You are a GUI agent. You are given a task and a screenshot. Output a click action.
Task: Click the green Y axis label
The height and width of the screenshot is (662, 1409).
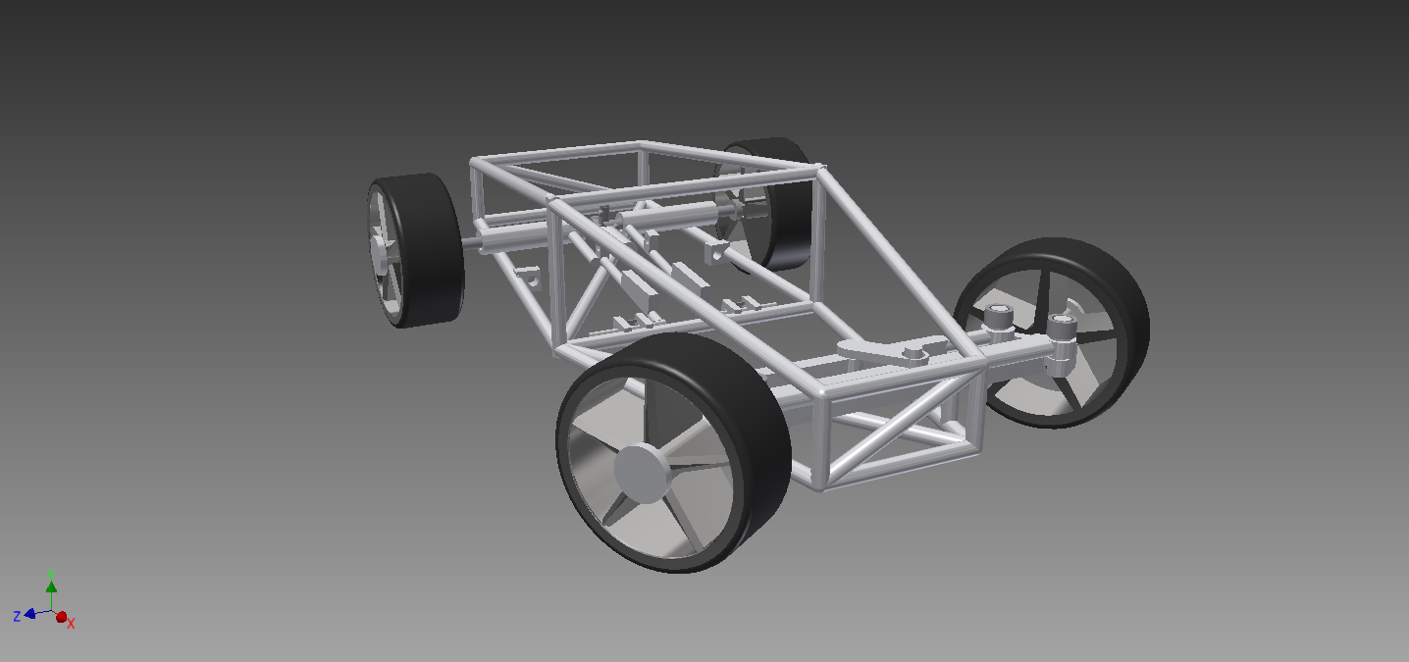click(51, 574)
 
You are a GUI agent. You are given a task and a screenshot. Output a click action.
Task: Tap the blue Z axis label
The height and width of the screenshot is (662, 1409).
click(17, 616)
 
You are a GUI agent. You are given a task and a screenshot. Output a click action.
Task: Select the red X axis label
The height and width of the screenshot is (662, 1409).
click(71, 624)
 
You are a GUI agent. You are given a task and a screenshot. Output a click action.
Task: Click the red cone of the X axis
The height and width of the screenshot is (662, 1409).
click(61, 617)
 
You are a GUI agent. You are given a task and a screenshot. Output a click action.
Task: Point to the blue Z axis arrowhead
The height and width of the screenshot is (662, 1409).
click(29, 613)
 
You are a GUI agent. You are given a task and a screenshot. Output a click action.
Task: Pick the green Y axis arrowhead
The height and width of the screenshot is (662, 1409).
click(52, 586)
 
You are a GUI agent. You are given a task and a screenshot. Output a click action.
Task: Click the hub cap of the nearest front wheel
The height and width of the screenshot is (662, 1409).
click(642, 473)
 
